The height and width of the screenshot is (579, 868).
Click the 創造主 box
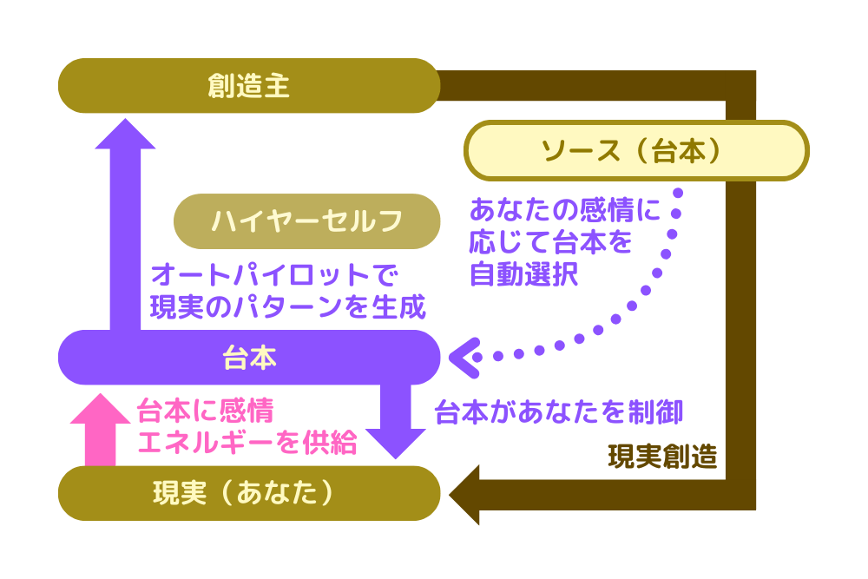click(x=249, y=86)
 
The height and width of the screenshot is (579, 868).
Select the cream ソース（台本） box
click(x=636, y=151)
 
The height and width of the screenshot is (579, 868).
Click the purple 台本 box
click(x=249, y=358)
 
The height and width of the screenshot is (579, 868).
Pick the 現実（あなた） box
click(x=249, y=493)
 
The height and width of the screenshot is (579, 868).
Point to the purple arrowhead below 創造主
click(x=125, y=135)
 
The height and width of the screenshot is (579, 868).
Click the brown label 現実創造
click(x=663, y=457)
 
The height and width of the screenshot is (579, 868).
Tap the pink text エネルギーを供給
click(x=247, y=442)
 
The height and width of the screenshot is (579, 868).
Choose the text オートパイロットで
click(x=273, y=276)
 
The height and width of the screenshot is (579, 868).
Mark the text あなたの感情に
click(x=565, y=209)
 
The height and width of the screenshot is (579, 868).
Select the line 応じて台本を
click(x=550, y=242)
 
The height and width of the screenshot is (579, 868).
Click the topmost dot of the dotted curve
click(x=679, y=193)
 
